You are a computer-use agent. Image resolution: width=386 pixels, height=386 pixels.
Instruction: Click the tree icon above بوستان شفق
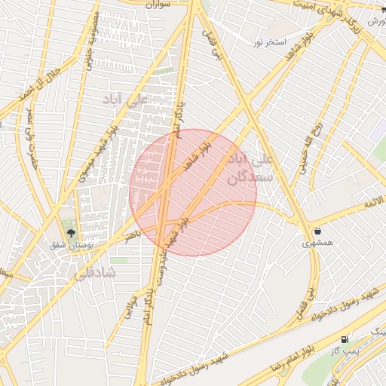point(71,233)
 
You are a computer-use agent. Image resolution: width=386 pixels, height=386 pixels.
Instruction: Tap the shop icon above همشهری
point(317,230)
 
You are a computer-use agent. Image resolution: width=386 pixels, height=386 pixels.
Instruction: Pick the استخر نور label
point(269,43)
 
